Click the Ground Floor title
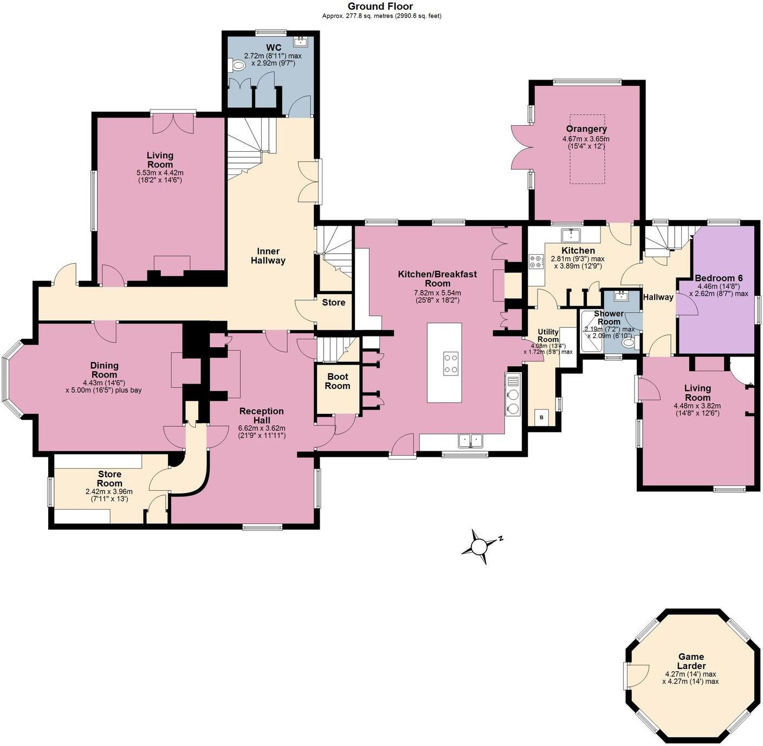coord(380,7)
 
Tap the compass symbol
coord(480,546)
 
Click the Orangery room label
coord(586,129)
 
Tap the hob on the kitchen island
coord(451,363)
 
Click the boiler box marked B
coord(541,418)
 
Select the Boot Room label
coord(337,381)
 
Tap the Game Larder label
coord(691,661)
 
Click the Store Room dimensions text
coord(109,495)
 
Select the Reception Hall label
coord(262,416)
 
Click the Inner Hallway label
coord(268,256)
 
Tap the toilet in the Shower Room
coord(628,342)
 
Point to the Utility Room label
coord(548,335)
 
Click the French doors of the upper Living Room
coord(173,123)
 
